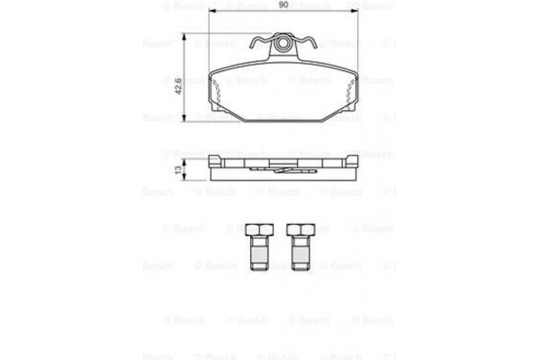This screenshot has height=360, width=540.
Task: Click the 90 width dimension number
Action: (x=283, y=6)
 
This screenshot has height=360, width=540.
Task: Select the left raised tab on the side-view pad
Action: (x=216, y=161)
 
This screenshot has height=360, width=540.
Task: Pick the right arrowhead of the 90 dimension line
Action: (x=357, y=16)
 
